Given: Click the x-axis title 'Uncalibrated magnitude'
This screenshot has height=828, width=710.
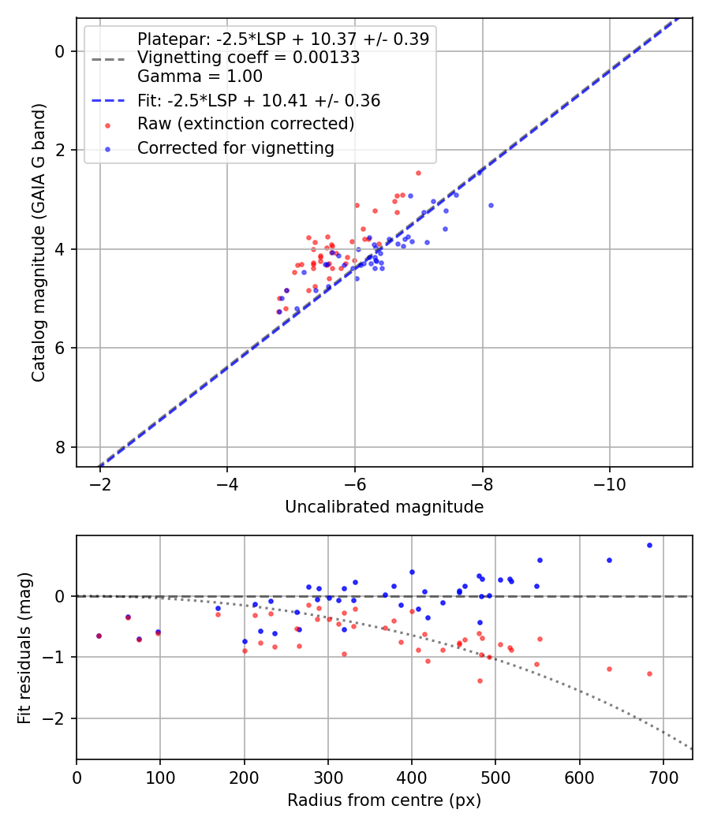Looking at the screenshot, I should (x=384, y=507).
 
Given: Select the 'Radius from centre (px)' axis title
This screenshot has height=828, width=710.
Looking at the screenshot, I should (x=384, y=800).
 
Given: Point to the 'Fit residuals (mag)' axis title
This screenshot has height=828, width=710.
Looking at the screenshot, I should (x=24, y=647).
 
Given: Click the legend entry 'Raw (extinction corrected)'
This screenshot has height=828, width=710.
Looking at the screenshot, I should (x=245, y=124).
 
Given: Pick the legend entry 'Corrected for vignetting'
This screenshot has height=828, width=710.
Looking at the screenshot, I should (x=236, y=148).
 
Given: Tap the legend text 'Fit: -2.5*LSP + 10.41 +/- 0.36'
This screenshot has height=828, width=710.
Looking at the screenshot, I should (x=259, y=100).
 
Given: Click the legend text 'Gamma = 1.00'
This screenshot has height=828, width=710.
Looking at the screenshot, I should (x=200, y=76).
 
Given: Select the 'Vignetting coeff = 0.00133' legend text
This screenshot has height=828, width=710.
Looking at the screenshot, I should (x=248, y=58).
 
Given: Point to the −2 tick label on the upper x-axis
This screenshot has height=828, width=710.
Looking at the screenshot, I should (x=100, y=482).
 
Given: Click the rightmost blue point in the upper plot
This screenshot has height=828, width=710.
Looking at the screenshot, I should (x=491, y=205).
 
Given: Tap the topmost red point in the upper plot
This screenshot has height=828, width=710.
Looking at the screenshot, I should (x=418, y=173).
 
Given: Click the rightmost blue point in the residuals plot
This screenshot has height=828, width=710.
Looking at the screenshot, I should (x=649, y=545).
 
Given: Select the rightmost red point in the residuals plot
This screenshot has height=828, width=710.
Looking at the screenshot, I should (x=649, y=673).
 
